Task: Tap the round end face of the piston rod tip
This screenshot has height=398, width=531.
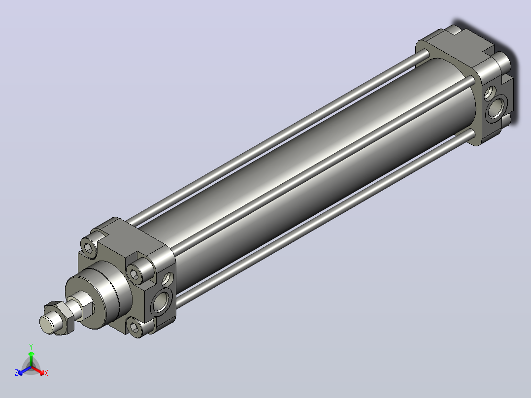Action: pos(46,325)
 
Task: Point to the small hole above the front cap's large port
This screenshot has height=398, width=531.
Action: pos(167,278)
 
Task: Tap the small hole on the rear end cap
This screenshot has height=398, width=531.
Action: pos(490,93)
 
